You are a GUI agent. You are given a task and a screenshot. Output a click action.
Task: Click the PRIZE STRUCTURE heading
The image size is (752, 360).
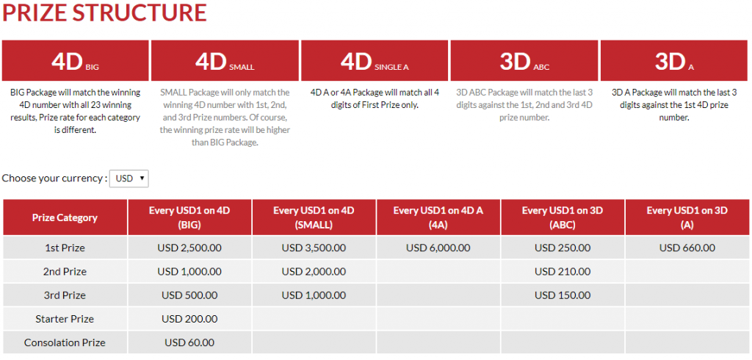(x=104, y=13)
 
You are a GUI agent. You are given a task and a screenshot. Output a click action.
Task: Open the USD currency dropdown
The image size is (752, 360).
(x=129, y=179)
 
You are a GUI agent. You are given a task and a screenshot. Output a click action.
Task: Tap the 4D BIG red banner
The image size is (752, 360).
(x=76, y=60)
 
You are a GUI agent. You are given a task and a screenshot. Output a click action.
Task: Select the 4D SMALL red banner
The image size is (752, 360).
(x=225, y=60)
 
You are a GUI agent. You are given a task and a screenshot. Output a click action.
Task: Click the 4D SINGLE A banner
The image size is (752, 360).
(x=375, y=60)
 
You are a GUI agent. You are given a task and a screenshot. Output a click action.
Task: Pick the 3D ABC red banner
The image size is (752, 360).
(x=524, y=60)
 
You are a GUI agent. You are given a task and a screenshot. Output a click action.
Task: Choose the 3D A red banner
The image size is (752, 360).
(x=674, y=60)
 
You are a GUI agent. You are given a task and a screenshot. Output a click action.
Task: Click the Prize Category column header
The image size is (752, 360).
(x=65, y=217)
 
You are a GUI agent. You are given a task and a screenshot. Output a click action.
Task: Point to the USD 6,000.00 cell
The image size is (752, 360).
(x=438, y=248)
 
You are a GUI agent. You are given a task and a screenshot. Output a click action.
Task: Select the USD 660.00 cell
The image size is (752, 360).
(x=687, y=248)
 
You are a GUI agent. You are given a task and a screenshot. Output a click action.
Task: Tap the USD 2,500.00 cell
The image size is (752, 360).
(x=189, y=248)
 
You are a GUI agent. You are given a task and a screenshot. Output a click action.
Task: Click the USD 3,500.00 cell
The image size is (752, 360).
(x=314, y=248)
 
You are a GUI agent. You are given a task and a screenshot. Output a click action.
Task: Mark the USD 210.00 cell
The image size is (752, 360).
(x=563, y=272)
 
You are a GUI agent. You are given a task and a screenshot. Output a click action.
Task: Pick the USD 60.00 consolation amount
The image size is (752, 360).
(x=189, y=342)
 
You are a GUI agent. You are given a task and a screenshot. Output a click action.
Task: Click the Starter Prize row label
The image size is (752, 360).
(x=65, y=319)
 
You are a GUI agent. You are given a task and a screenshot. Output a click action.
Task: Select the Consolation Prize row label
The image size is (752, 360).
(x=65, y=342)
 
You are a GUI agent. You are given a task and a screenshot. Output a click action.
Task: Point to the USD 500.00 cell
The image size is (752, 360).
(x=189, y=295)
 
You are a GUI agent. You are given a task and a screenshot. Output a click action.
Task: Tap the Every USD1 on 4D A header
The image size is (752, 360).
(x=438, y=217)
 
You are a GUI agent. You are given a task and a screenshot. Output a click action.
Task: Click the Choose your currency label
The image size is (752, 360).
(x=54, y=178)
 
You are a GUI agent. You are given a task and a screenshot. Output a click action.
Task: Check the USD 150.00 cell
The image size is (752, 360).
(x=563, y=295)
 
